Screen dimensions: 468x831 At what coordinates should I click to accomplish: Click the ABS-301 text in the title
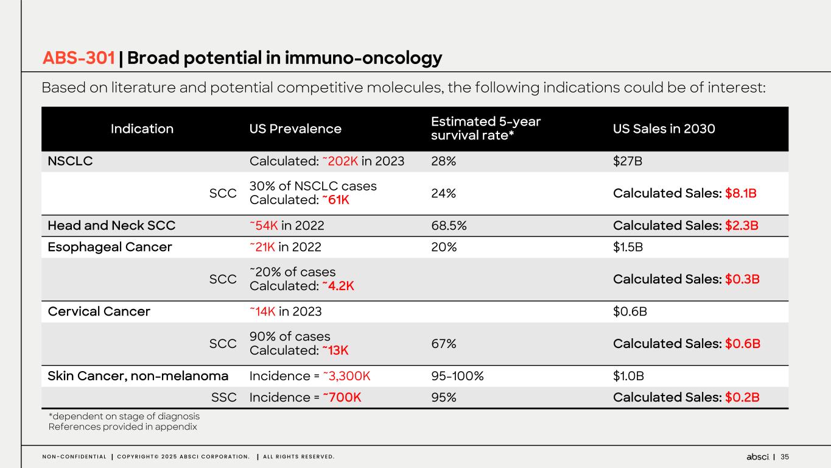pyautogui.click(x=79, y=58)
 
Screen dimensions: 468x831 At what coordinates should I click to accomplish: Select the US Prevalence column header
pyautogui.click(x=295, y=129)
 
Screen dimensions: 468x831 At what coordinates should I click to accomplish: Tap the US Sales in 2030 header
pyautogui.click(x=664, y=129)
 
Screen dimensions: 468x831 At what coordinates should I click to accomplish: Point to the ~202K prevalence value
pyautogui.click(x=340, y=161)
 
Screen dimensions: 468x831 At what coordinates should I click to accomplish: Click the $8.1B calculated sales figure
pyautogui.click(x=741, y=193)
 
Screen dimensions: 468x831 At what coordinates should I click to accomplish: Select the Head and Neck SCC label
pyautogui.click(x=111, y=225)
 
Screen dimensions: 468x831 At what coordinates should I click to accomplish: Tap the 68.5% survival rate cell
pyautogui.click(x=449, y=225)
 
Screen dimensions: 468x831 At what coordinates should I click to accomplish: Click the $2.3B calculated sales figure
pyautogui.click(x=741, y=225)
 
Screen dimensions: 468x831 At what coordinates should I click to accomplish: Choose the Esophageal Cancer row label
pyautogui.click(x=110, y=247)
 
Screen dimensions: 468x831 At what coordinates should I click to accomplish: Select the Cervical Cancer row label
pyautogui.click(x=99, y=311)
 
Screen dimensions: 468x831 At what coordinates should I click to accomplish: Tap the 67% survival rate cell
pyautogui.click(x=443, y=344)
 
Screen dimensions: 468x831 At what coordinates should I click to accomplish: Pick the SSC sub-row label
pyautogui.click(x=223, y=397)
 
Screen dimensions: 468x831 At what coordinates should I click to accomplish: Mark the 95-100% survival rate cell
pyautogui.click(x=457, y=376)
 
